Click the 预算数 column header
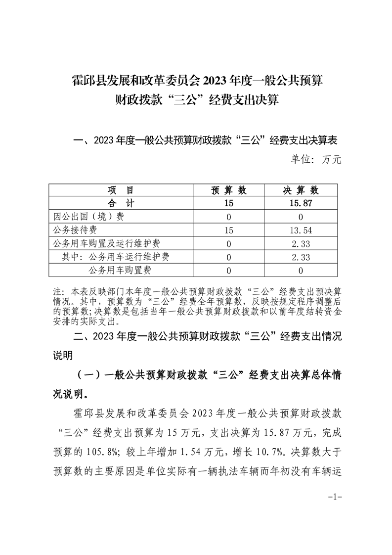pos(228,190)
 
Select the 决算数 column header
pos(301,190)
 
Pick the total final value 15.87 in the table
pos(301,203)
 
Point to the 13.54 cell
pos(301,230)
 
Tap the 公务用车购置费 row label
pos(120,270)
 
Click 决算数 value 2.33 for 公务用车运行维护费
pos(301,257)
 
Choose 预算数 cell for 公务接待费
pos(228,230)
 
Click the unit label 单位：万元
pos(315,160)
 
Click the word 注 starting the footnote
pos(56,291)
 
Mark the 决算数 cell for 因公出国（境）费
pos(301,217)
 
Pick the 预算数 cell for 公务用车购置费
pos(228,270)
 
